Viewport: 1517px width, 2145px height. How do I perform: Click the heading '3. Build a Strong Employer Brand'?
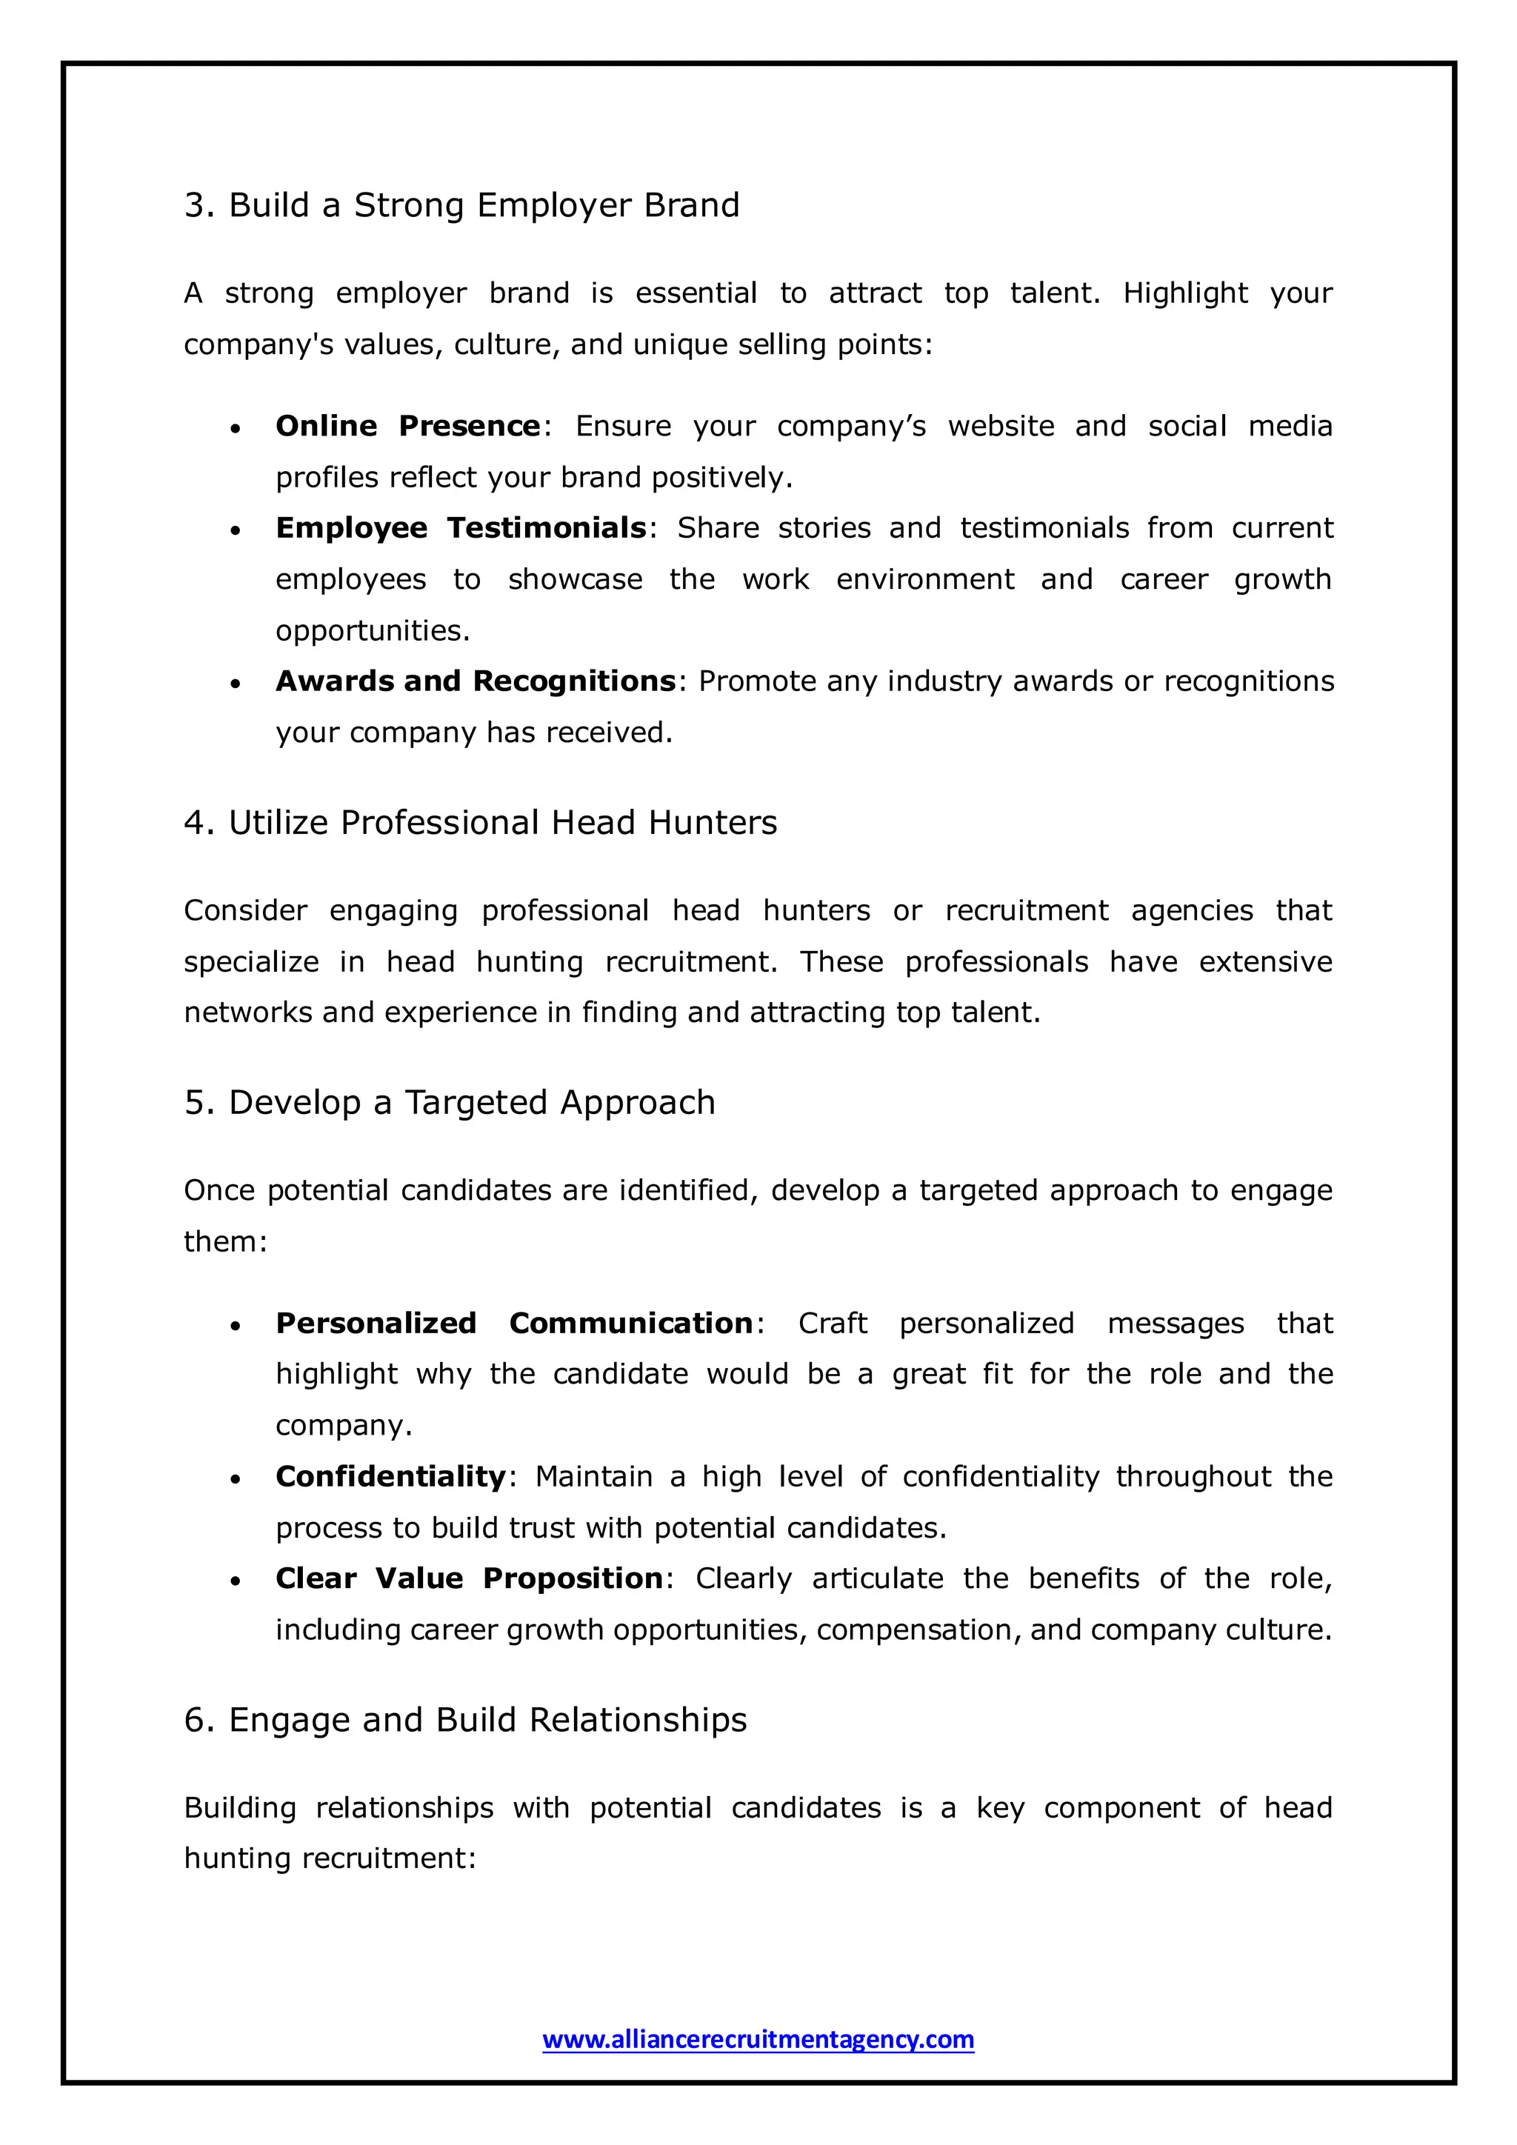click(x=461, y=204)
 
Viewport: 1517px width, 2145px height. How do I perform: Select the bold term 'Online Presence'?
click(x=407, y=426)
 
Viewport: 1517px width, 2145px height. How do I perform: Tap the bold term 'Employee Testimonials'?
click(x=461, y=528)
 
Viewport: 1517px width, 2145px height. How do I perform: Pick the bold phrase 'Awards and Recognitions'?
click(x=475, y=681)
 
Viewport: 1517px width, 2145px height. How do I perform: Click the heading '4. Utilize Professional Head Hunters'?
click(x=480, y=822)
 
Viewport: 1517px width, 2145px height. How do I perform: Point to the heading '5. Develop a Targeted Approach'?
click(x=450, y=1102)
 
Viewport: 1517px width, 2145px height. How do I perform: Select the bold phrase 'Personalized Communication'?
click(x=515, y=1323)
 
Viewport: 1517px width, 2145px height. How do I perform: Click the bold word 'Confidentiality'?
click(x=390, y=1476)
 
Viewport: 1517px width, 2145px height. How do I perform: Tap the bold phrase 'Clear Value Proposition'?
click(x=469, y=1578)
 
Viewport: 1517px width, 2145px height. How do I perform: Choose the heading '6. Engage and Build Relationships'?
click(x=465, y=1719)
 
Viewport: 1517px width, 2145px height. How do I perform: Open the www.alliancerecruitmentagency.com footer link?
click(x=758, y=2038)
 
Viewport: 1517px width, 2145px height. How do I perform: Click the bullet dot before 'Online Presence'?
click(x=236, y=429)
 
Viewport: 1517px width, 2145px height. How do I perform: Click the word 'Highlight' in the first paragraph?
click(x=1184, y=293)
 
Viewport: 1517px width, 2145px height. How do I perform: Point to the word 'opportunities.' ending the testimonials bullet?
click(x=372, y=630)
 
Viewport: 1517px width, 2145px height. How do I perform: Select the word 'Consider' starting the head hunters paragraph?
click(x=244, y=910)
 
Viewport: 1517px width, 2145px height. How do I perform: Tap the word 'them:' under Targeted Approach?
click(x=225, y=1241)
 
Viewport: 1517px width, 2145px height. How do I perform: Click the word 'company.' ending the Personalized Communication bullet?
click(x=343, y=1426)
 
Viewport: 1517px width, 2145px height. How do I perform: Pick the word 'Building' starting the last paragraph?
click(x=239, y=1808)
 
